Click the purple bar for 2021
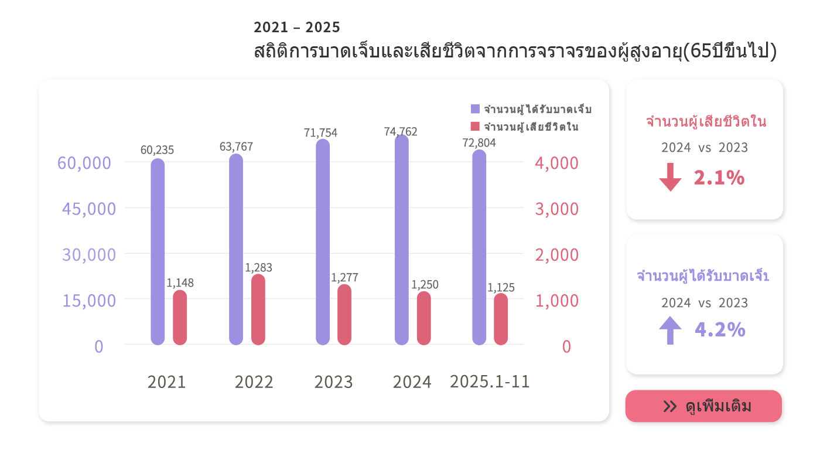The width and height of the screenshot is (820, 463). pyautogui.click(x=158, y=252)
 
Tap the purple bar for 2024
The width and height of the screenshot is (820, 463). pyautogui.click(x=401, y=240)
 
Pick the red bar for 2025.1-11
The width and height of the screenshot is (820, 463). pyautogui.click(x=501, y=319)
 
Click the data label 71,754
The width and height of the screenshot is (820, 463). pyautogui.click(x=320, y=132)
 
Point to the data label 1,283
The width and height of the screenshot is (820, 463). pyautogui.click(x=258, y=268)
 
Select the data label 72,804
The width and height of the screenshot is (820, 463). pyautogui.click(x=479, y=142)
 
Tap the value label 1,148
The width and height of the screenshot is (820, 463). pyautogui.click(x=180, y=283)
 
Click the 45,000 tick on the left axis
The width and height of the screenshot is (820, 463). pyautogui.click(x=89, y=209)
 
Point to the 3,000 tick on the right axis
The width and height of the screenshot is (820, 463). pyautogui.click(x=556, y=209)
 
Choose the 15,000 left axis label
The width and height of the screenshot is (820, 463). pyautogui.click(x=89, y=300)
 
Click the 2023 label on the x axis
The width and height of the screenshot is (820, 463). pyautogui.click(x=333, y=382)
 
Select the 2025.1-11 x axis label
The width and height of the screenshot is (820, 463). pyautogui.click(x=490, y=382)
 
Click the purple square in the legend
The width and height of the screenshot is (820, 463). pyautogui.click(x=475, y=109)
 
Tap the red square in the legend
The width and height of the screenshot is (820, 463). pyautogui.click(x=475, y=126)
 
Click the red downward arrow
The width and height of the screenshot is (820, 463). pyautogui.click(x=670, y=178)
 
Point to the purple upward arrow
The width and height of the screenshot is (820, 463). pyautogui.click(x=670, y=330)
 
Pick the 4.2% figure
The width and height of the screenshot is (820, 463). pyautogui.click(x=720, y=330)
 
